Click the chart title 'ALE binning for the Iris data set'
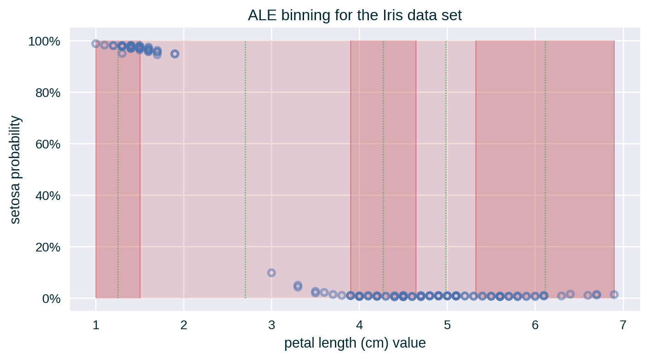354,16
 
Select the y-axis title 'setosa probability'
15,170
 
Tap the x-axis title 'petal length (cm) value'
355,343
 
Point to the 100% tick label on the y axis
45,42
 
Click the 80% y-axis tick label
47,93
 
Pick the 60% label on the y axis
47,145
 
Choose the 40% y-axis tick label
47,196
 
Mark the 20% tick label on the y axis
47,247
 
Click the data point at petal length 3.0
271,273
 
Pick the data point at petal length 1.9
175,54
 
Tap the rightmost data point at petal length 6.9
614,294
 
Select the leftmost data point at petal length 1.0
96,44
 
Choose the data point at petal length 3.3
298,286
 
